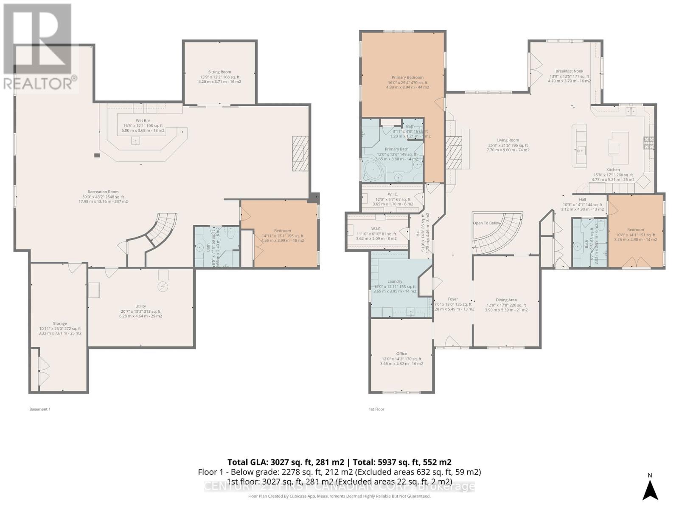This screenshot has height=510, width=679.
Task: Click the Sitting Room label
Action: coord(219,72)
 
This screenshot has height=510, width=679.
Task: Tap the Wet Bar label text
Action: coord(143,121)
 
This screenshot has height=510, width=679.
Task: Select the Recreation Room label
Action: coord(103,192)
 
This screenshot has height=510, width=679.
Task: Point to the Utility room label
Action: coord(140,306)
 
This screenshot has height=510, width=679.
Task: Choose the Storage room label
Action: coord(60,323)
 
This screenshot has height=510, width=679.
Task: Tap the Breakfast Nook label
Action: coord(569,71)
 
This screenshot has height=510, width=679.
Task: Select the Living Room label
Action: coord(508,140)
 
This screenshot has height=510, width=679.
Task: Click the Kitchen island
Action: coord(618,147)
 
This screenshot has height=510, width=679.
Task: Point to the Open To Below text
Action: coord(487,223)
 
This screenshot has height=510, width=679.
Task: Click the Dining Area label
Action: coord(506,300)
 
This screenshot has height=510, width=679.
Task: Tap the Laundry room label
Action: coord(395,281)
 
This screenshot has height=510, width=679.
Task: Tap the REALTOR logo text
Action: coord(40,83)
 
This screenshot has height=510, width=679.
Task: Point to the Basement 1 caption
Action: coord(40,409)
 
